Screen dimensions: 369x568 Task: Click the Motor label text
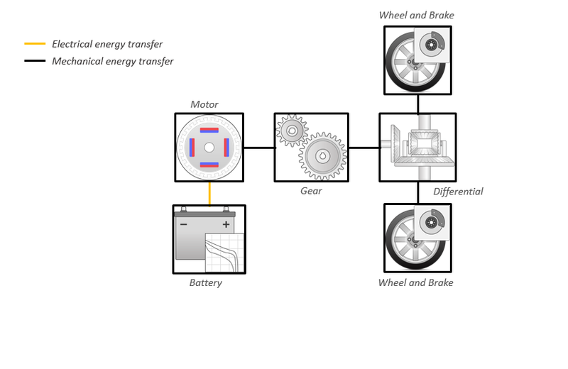coord(204,104)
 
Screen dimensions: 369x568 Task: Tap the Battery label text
coord(205,283)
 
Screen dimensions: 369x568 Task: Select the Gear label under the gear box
coord(311,191)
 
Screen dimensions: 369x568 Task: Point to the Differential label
coord(458,192)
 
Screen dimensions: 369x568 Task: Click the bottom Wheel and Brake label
coord(415,283)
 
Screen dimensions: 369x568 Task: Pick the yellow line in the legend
coord(35,44)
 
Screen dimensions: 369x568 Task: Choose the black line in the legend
coord(35,61)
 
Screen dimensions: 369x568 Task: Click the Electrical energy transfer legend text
coord(107,44)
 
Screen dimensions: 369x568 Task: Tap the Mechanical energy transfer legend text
coord(112,61)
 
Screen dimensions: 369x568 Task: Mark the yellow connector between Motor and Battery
coord(209,193)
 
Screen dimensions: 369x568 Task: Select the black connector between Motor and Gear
coord(258,148)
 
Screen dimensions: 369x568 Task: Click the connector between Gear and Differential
coord(364,148)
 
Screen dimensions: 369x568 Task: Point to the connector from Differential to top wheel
coord(417,104)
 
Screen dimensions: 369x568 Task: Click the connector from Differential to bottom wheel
coord(417,192)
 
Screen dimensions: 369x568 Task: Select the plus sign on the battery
coord(226,224)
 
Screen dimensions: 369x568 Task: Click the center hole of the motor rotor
coord(209,148)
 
